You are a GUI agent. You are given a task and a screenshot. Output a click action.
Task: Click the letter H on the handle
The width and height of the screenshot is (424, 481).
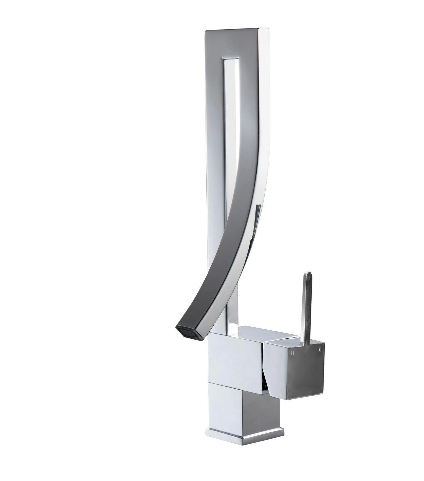292,353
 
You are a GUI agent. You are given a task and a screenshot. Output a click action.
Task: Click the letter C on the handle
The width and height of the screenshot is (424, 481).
320,350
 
